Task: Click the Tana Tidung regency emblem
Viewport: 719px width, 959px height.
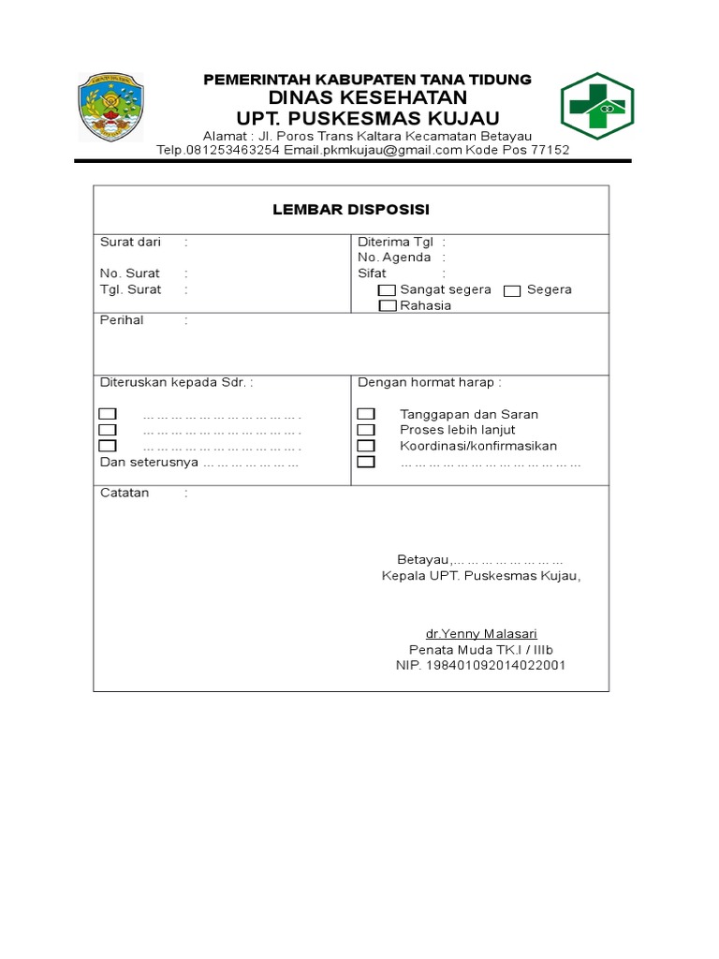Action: (x=110, y=108)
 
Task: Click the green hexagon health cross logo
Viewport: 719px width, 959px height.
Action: (x=597, y=106)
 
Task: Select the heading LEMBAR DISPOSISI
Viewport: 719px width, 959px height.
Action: (x=351, y=209)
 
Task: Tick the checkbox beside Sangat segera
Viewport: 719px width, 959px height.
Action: (x=387, y=290)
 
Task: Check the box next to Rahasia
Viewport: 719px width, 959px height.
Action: (x=387, y=305)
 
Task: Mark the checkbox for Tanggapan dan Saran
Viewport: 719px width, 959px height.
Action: (x=366, y=414)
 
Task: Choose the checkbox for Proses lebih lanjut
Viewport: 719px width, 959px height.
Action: (x=366, y=430)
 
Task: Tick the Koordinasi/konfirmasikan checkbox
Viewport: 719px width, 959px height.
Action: (x=366, y=446)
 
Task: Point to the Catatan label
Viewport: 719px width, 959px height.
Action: (x=125, y=493)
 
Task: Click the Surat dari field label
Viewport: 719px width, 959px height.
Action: (x=130, y=242)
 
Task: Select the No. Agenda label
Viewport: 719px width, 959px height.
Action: (x=394, y=258)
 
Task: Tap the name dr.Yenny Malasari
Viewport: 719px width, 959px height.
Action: (x=481, y=634)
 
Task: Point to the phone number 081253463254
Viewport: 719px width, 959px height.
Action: (x=235, y=150)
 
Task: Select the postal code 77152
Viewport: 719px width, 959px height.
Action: (x=549, y=150)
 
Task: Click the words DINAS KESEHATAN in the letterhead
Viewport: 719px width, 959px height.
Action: (x=367, y=98)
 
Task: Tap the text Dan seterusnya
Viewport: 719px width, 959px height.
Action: (x=149, y=463)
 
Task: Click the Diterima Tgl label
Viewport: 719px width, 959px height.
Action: (x=395, y=242)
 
